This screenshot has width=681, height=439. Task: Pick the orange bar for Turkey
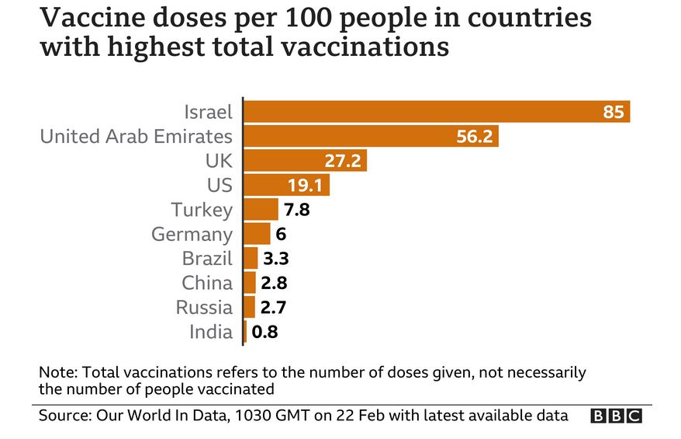261,210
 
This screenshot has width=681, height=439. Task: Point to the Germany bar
258,234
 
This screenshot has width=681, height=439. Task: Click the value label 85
613,112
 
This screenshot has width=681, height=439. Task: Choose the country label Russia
204,307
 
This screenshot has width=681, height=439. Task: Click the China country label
207,283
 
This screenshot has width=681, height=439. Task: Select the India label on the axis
211,332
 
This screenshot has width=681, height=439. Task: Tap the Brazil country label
207,259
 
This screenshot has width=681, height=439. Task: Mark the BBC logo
616,416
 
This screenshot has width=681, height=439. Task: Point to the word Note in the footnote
55,371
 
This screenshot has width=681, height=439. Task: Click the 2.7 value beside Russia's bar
274,308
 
